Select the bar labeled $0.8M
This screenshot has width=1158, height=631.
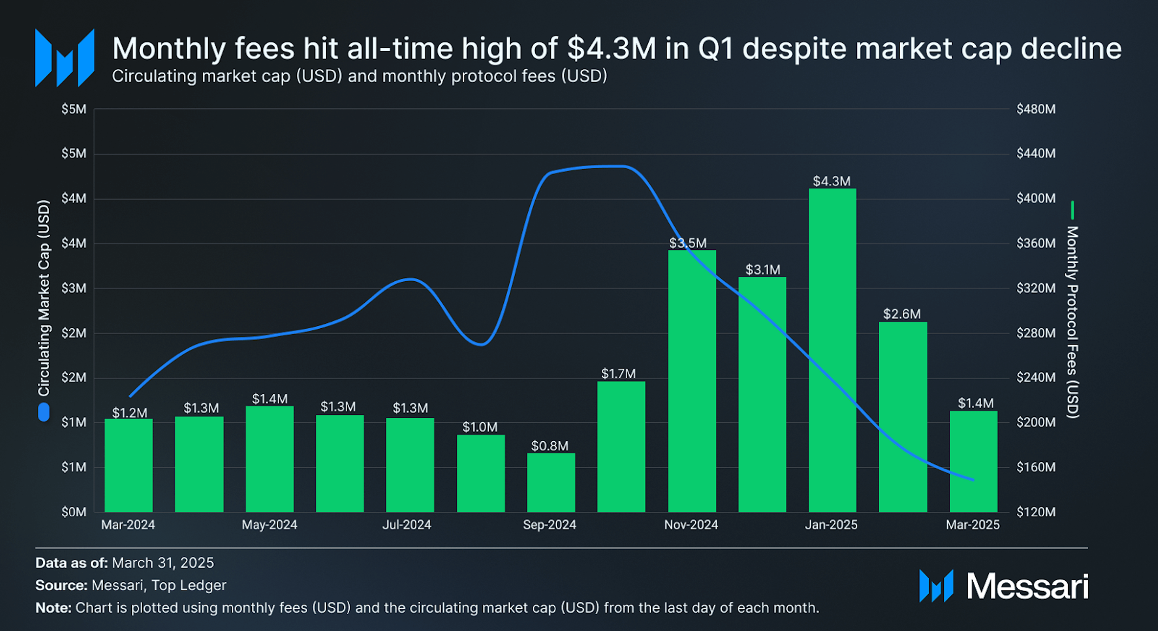pyautogui.click(x=551, y=482)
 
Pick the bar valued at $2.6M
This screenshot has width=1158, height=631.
pyautogui.click(x=903, y=417)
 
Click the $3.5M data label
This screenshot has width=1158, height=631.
pyautogui.click(x=688, y=243)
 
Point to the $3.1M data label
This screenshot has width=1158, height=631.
pyautogui.click(x=763, y=270)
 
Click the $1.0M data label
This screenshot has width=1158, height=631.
pyautogui.click(x=480, y=427)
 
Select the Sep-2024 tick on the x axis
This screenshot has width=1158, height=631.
pyautogui.click(x=549, y=524)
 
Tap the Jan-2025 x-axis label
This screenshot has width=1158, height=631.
pyautogui.click(x=831, y=524)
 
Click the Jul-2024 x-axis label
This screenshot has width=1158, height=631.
pyautogui.click(x=407, y=524)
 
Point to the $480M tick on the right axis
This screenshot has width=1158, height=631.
pyautogui.click(x=1036, y=109)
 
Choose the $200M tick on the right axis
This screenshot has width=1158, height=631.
pyautogui.click(x=1036, y=422)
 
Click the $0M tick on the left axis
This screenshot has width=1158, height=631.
pyautogui.click(x=74, y=512)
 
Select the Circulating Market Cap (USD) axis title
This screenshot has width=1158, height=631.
pyautogui.click(x=43, y=298)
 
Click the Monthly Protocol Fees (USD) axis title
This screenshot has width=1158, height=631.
pyautogui.click(x=1072, y=322)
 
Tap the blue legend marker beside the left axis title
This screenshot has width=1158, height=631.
pyautogui.click(x=43, y=413)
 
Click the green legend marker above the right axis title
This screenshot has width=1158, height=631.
pyautogui.click(x=1073, y=210)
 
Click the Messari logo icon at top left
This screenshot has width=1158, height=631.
pyautogui.click(x=65, y=58)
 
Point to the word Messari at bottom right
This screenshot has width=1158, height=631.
pyautogui.click(x=1027, y=587)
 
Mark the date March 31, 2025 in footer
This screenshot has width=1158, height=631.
pyautogui.click(x=163, y=563)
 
